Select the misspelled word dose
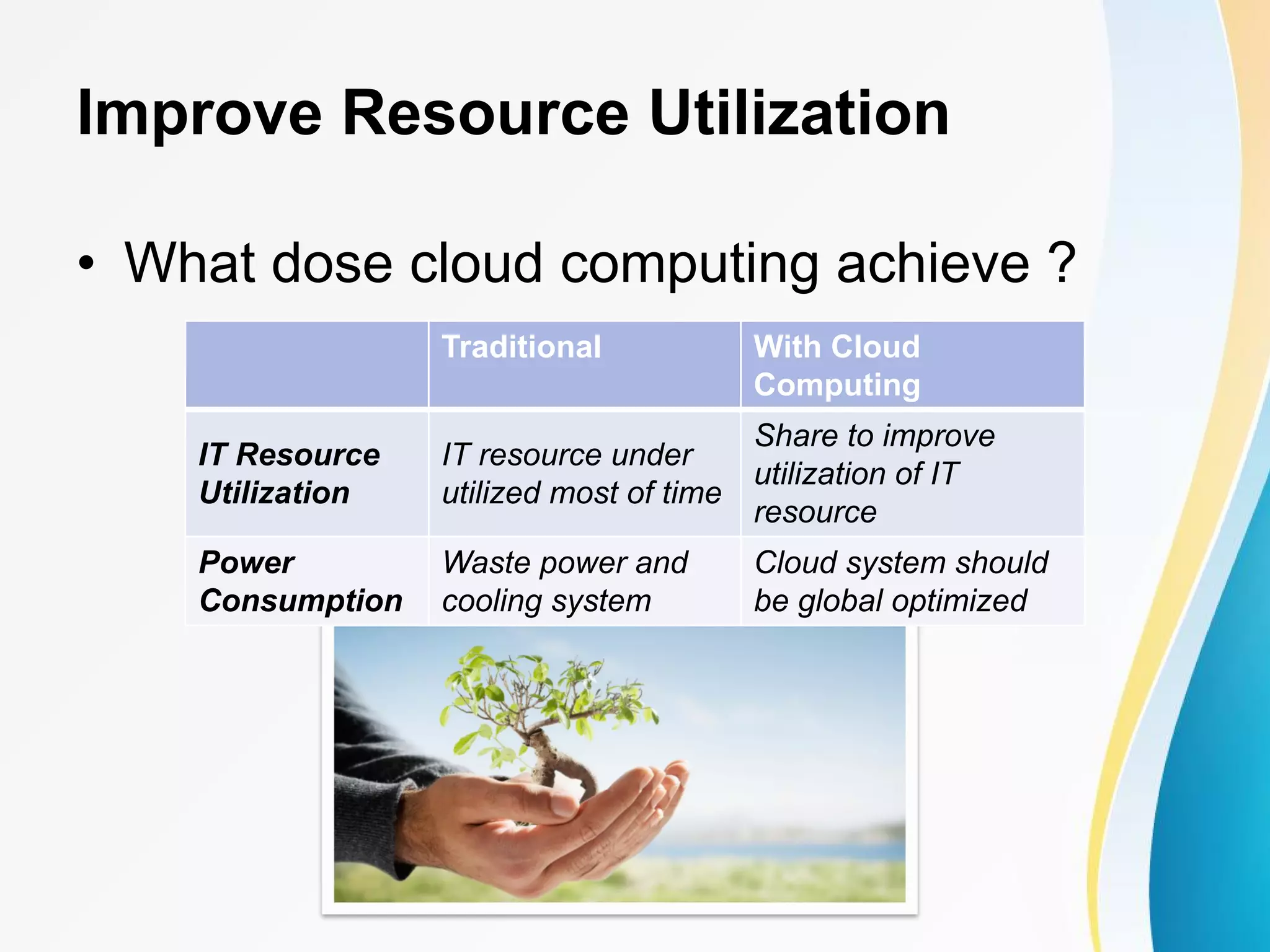pos(332,264)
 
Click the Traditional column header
pos(522,346)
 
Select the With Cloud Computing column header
pos(837,366)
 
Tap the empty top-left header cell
pos(307,364)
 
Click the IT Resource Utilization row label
pos(290,474)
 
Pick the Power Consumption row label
pos(301,581)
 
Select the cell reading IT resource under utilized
pos(582,474)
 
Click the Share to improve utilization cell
pos(874,474)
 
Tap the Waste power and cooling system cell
pos(564,581)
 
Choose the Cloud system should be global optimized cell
pos(900,581)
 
